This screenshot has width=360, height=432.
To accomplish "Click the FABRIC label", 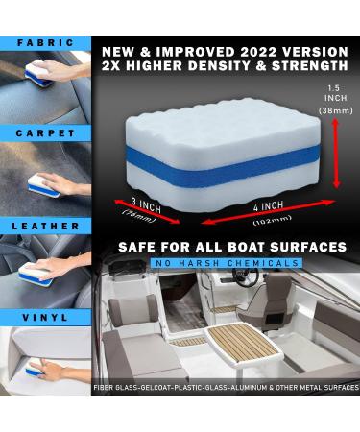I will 45,42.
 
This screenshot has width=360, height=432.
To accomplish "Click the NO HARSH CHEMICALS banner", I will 222,261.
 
